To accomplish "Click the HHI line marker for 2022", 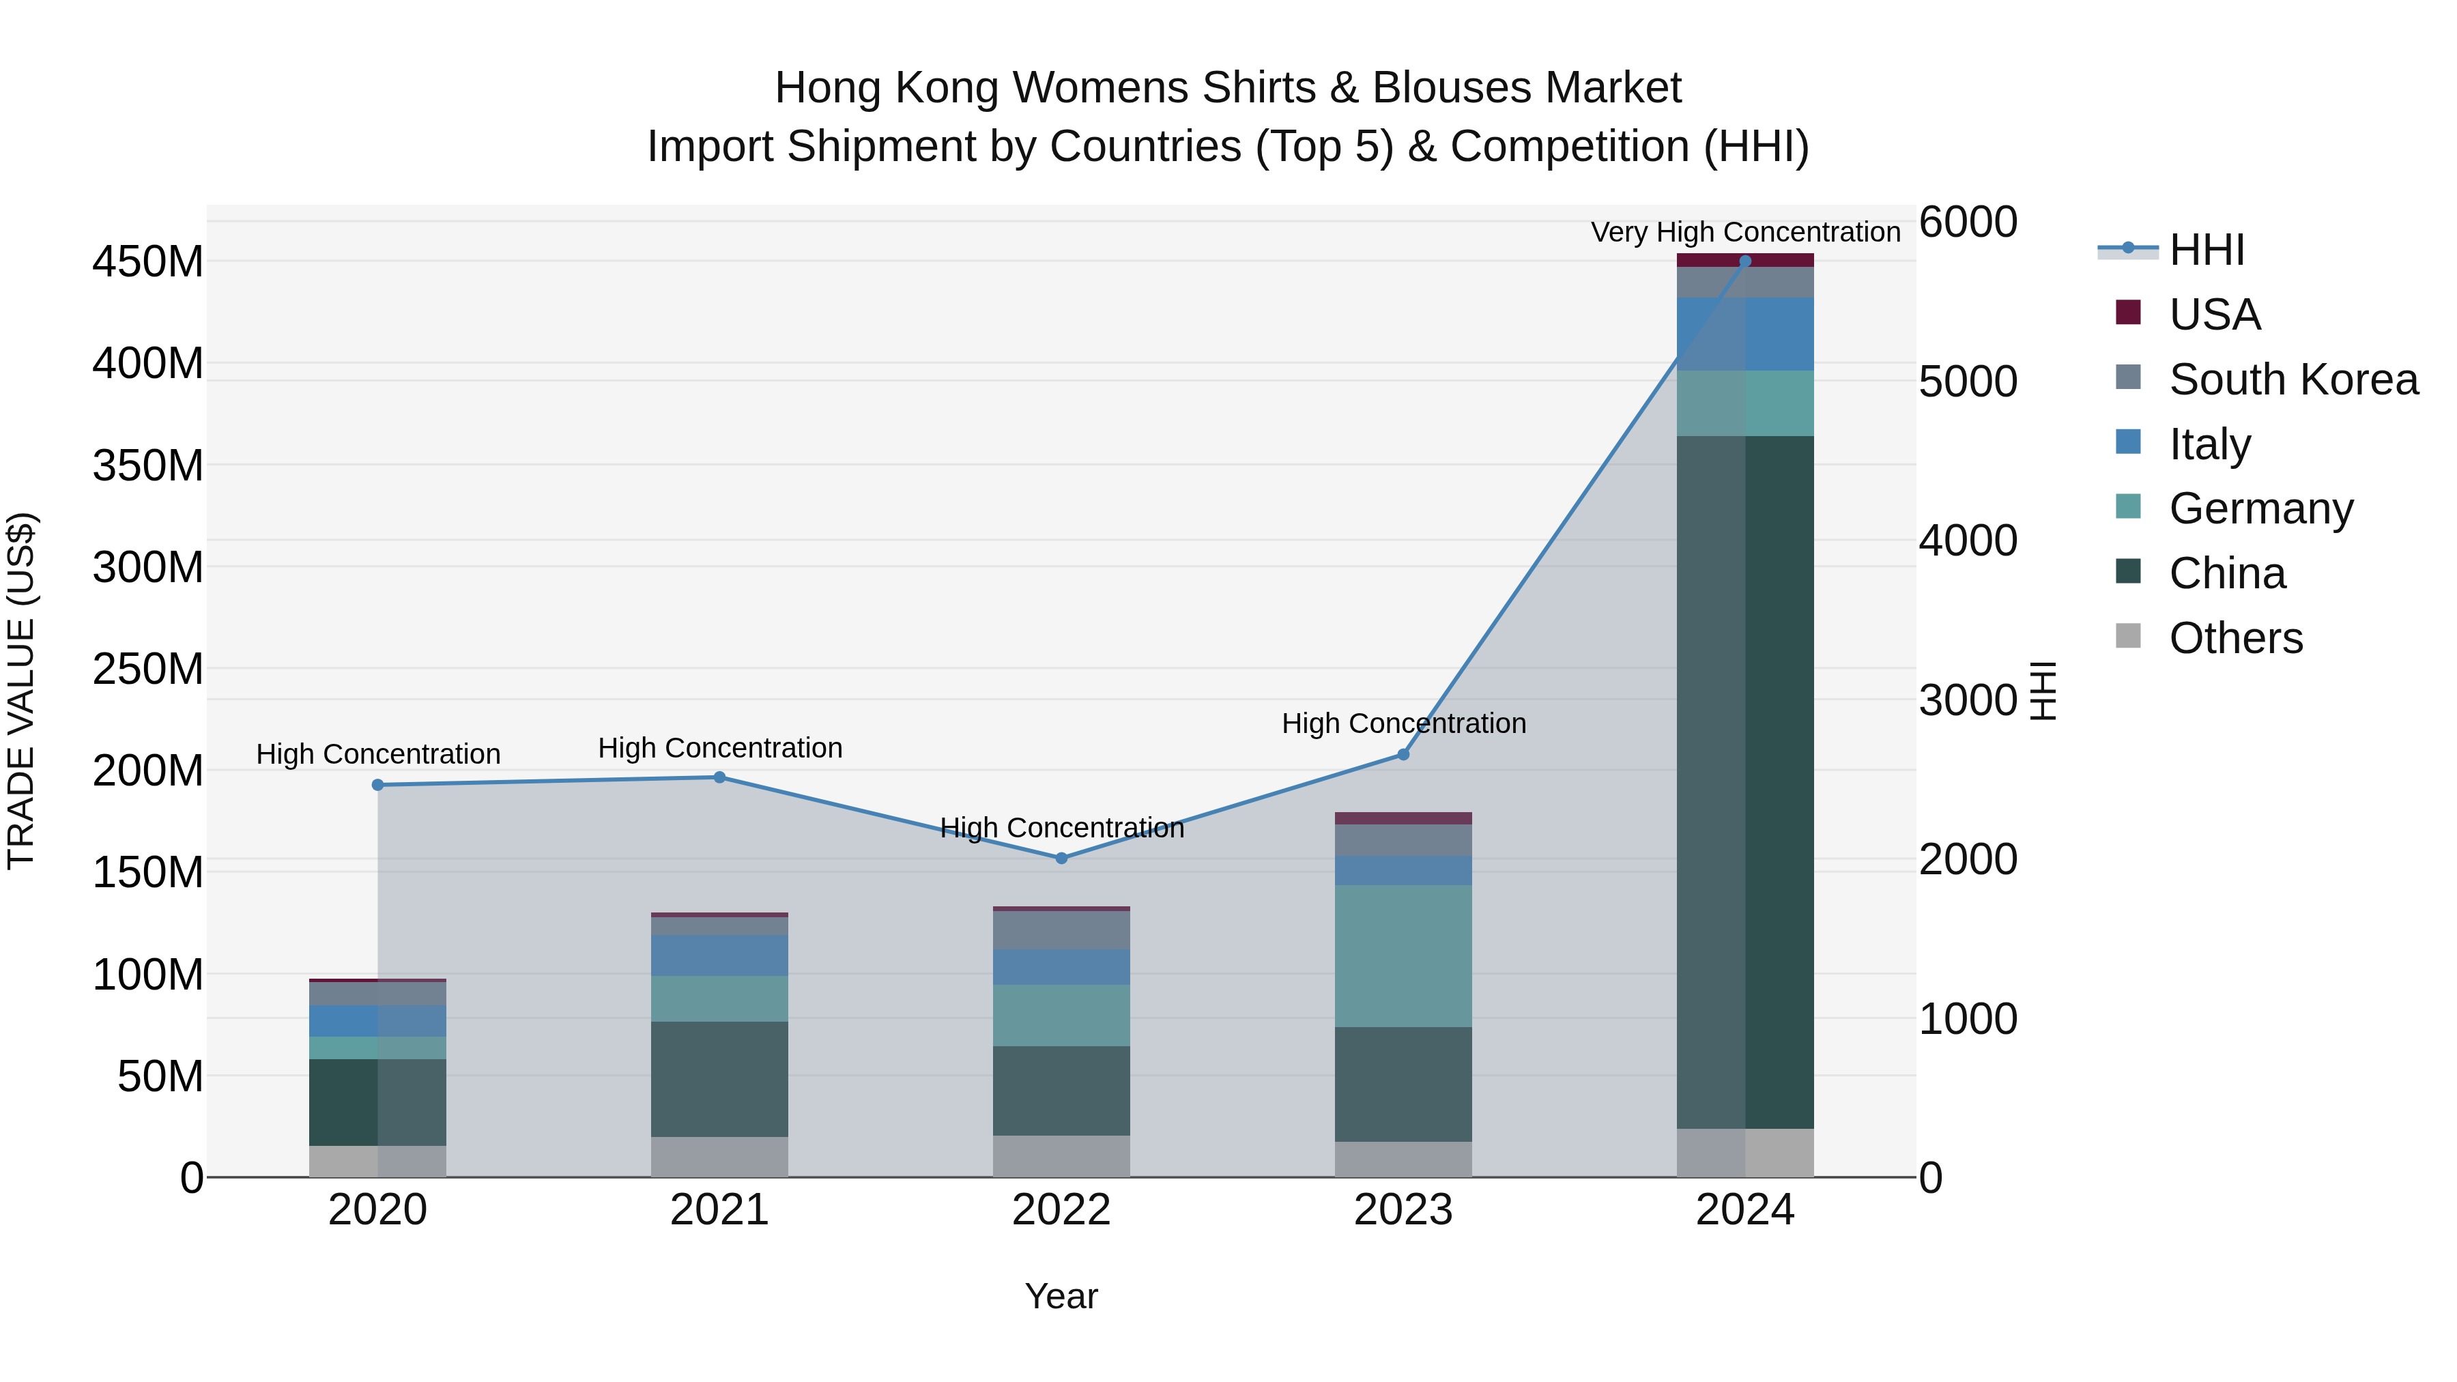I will (x=1061, y=857).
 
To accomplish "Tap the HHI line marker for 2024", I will (x=1744, y=261).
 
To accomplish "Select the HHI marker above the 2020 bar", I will (x=377, y=784).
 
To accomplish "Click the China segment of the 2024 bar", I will (x=1744, y=782).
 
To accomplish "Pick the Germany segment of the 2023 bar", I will (x=1403, y=955).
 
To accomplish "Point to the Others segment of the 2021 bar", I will (x=719, y=1156).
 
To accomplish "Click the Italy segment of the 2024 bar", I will (x=1744, y=334).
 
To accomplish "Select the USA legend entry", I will (x=2213, y=314).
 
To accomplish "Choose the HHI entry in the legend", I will (x=2205, y=250).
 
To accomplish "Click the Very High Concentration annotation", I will (x=1744, y=232).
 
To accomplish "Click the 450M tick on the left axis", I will (x=148, y=261).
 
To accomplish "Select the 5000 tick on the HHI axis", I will (x=1968, y=382).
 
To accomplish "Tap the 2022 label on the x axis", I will (x=1061, y=1210).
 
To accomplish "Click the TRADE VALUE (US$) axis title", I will (x=21, y=691).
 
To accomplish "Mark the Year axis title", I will (x=1061, y=1296).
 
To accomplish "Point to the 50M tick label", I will (x=160, y=1077).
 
